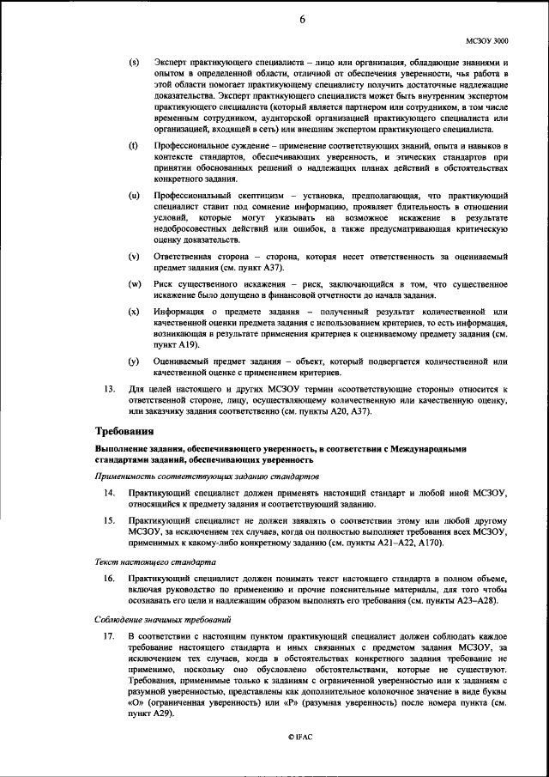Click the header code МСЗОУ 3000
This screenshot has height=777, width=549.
pos(486,40)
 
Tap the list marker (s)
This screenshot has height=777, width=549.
pos(134,64)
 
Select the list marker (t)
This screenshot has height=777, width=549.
pos(134,148)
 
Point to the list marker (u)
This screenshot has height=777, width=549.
pos(134,197)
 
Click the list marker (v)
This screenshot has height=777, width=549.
pos(134,257)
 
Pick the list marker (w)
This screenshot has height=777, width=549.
pos(135,283)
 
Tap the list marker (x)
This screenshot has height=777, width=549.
pos(134,310)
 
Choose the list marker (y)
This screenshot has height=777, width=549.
pos(134,361)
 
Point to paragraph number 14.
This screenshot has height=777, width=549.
pos(109,494)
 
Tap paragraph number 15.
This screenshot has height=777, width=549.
pos(109,520)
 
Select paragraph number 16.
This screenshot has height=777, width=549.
pos(109,580)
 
